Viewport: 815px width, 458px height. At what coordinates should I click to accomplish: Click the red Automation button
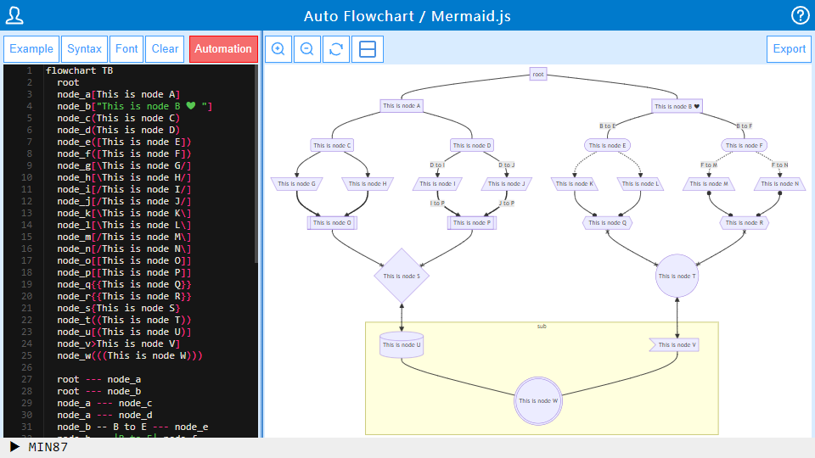(x=223, y=48)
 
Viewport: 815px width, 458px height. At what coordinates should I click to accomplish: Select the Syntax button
(x=84, y=48)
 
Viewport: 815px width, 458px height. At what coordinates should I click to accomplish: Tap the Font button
(x=126, y=48)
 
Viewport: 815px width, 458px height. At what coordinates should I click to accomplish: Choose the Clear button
(x=165, y=48)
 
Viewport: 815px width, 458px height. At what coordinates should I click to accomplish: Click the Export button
(x=789, y=48)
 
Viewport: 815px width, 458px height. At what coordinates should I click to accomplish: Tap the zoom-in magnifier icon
(x=278, y=49)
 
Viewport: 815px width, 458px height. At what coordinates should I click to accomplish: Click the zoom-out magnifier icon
(x=306, y=49)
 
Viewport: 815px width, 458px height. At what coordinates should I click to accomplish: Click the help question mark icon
(x=800, y=15)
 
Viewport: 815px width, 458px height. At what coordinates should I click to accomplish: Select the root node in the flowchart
(x=537, y=75)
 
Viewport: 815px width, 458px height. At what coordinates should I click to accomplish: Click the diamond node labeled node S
(x=402, y=276)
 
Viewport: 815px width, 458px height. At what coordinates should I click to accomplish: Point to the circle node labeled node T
(x=677, y=276)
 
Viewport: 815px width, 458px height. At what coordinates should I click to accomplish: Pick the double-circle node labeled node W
(x=537, y=400)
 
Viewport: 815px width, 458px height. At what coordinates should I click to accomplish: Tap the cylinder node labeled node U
(x=402, y=344)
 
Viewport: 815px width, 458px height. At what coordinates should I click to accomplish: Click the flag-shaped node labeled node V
(x=674, y=345)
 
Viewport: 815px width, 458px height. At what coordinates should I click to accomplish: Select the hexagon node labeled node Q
(x=608, y=223)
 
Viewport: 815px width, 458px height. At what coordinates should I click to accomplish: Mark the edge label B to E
(x=608, y=126)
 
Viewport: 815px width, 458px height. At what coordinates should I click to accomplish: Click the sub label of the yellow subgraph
(x=542, y=327)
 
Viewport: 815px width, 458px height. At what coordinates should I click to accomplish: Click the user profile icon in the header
(x=14, y=15)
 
